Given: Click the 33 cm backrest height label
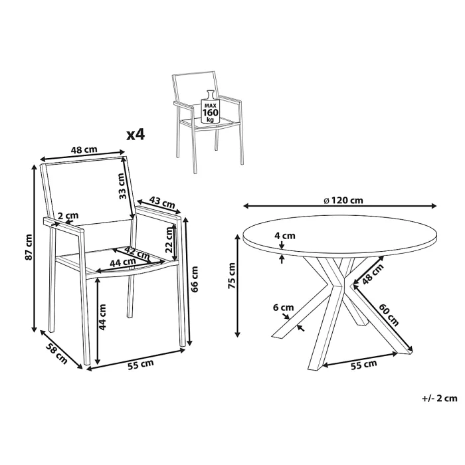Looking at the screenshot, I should point(122,187).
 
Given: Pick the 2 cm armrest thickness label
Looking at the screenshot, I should point(68,215).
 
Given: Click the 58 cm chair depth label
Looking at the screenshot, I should point(56,353).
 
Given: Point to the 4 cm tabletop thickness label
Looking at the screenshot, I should point(286,235).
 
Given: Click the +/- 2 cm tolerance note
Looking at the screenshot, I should point(439,399).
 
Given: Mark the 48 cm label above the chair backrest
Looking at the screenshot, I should point(84,150).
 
